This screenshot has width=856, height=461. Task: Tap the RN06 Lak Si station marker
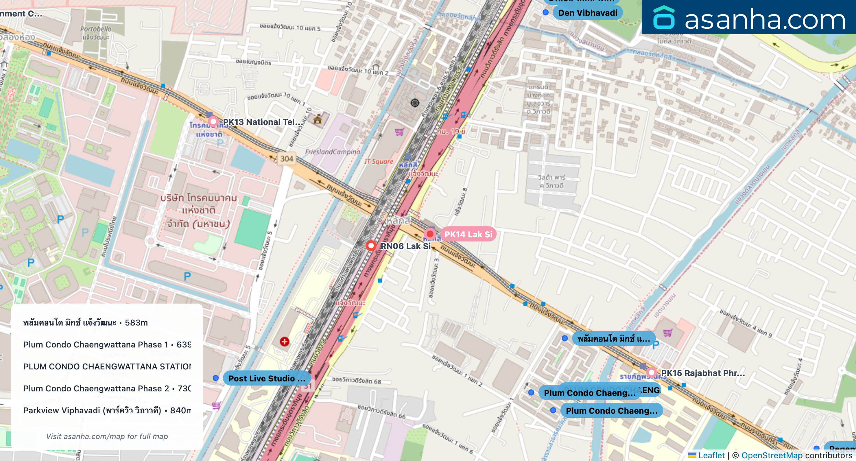point(371,246)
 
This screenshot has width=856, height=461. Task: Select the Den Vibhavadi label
point(587,13)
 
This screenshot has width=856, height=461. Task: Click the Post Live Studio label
point(266,378)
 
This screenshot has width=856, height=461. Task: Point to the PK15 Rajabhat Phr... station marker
point(651,373)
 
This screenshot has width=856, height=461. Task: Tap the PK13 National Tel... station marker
point(213,121)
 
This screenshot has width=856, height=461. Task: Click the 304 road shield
point(287,158)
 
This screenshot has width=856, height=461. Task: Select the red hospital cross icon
point(284,342)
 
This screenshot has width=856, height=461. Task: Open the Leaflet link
point(711,455)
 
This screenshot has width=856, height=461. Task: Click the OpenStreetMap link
point(772,455)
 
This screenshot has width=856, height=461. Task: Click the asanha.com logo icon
point(664,18)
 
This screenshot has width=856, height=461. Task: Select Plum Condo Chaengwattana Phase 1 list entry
point(107,344)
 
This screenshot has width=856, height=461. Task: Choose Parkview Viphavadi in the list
point(107,410)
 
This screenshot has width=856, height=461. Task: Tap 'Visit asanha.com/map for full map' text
point(107,436)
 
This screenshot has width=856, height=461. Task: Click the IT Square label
point(379,161)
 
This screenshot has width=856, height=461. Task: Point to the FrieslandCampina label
point(332,152)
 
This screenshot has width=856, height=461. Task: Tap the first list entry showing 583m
point(86,322)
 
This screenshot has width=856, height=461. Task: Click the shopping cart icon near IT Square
point(399,132)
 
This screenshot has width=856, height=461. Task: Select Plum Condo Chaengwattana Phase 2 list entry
point(107,388)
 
